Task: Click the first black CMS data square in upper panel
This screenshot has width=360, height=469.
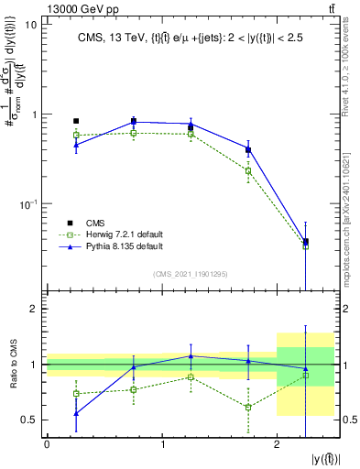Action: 76,121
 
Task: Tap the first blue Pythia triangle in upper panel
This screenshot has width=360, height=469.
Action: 76,145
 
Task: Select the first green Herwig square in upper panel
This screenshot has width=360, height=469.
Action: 76,135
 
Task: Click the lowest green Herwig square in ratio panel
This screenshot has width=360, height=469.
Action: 248,407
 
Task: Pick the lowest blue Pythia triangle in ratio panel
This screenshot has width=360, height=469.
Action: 76,413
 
